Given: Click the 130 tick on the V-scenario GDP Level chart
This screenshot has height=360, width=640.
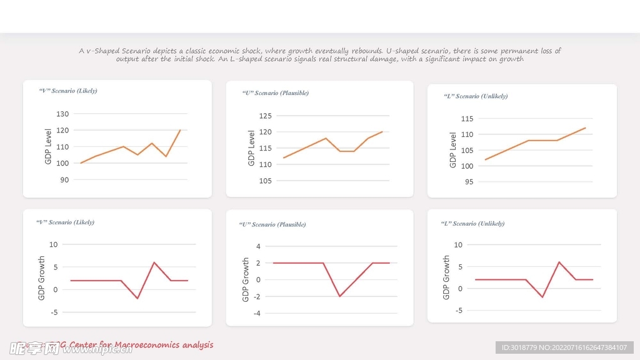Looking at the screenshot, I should tap(62, 114).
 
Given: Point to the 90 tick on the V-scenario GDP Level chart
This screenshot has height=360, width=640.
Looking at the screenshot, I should tap(64, 179).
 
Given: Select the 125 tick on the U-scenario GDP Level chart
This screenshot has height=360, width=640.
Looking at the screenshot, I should tap(265, 116).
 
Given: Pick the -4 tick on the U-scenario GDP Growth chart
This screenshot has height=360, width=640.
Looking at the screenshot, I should tap(256, 313).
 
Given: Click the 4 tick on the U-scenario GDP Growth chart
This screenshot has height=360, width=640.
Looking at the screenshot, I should tap(258, 246).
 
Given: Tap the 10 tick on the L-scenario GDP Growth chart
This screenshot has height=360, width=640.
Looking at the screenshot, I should tap(458, 244).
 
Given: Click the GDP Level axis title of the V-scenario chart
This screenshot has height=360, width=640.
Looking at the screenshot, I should tap(48, 147).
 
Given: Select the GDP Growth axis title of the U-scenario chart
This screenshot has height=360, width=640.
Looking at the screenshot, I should tap(246, 280).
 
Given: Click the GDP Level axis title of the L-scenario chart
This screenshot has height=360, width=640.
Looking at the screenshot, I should tap(453, 149).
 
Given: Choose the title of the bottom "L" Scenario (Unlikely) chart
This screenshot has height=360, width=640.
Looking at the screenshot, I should tap(472, 223).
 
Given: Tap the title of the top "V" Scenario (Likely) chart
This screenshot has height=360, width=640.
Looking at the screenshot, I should tap(68, 91).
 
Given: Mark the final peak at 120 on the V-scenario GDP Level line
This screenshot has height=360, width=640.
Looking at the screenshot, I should tap(180, 130).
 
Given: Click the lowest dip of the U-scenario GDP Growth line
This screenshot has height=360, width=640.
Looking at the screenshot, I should tap(339, 296).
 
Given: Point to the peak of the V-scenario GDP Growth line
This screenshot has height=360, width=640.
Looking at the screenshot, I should tap(154, 262).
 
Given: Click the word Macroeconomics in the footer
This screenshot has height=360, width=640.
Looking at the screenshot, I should tap(141, 345).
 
